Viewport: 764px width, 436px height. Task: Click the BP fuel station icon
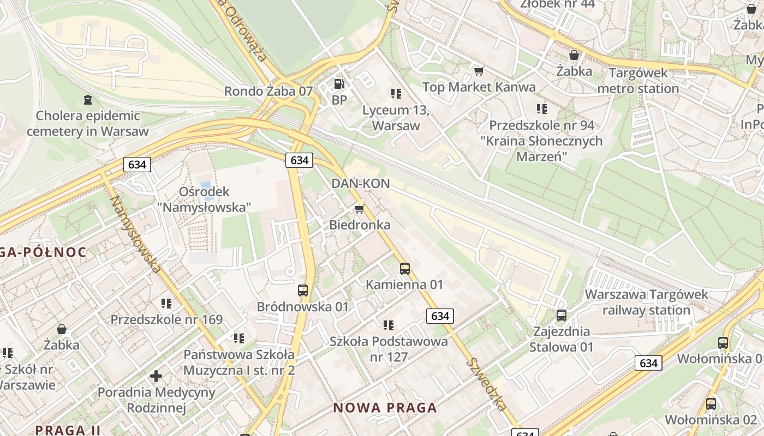click(x=339, y=84)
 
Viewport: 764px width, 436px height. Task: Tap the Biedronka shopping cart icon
click(x=359, y=209)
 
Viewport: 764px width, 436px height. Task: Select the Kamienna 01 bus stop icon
click(x=404, y=268)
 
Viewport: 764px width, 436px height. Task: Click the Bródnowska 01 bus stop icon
click(x=303, y=290)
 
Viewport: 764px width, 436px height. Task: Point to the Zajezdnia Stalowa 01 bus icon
click(x=561, y=315)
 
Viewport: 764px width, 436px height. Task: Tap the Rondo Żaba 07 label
click(x=268, y=91)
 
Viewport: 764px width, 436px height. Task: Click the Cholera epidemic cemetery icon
click(x=87, y=100)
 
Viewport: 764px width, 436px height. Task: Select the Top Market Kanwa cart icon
click(x=479, y=71)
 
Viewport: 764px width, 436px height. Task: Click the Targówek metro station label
click(x=638, y=81)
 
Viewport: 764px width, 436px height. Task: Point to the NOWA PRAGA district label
click(x=385, y=408)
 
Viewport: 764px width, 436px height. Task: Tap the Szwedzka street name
click(x=487, y=384)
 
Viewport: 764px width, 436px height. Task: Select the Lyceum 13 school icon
click(x=396, y=94)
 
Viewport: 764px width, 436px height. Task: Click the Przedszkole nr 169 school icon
click(x=166, y=303)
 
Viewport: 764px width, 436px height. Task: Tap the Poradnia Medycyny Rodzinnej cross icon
click(x=156, y=376)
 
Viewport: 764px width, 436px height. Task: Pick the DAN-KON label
click(x=361, y=184)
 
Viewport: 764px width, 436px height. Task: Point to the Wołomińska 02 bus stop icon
click(x=711, y=404)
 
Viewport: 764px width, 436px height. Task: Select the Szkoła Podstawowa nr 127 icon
click(x=388, y=325)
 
